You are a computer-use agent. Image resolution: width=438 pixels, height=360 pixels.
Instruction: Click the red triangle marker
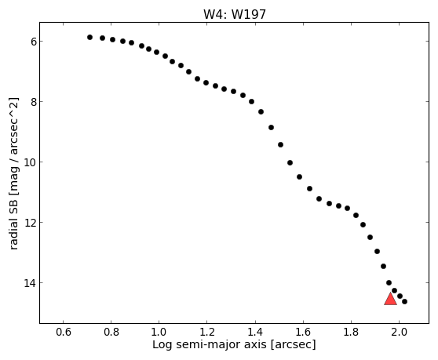click(390, 299)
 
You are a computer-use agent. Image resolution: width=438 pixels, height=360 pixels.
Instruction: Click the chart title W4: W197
click(235, 15)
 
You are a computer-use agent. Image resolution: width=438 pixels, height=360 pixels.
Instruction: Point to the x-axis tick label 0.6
click(64, 332)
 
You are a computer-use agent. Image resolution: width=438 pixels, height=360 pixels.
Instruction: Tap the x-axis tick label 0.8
click(111, 332)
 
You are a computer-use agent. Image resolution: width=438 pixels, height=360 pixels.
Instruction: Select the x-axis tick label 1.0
click(159, 332)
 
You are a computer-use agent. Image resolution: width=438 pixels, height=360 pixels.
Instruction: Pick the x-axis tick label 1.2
click(206, 332)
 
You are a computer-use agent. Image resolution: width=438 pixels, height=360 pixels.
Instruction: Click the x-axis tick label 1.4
click(255, 332)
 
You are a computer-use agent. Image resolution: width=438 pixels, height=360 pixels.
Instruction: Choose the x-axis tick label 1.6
click(303, 332)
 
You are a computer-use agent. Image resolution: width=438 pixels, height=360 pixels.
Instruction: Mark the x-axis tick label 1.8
click(351, 332)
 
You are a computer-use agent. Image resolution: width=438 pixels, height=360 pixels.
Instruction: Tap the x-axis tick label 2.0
click(400, 332)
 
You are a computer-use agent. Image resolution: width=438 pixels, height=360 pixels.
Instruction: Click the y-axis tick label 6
click(34, 42)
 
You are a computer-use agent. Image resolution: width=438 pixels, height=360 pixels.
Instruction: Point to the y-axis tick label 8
click(34, 102)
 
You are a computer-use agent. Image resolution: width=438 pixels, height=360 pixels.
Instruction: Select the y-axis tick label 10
click(30, 162)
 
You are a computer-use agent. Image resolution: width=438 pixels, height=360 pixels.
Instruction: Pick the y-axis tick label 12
click(30, 223)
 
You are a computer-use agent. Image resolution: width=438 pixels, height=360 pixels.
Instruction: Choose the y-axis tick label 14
click(30, 283)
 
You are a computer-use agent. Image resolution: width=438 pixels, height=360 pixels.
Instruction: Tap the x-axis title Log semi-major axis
click(210, 345)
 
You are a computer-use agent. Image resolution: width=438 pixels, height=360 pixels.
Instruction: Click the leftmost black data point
click(89, 37)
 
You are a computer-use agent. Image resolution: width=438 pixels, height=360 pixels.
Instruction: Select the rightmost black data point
click(404, 301)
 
